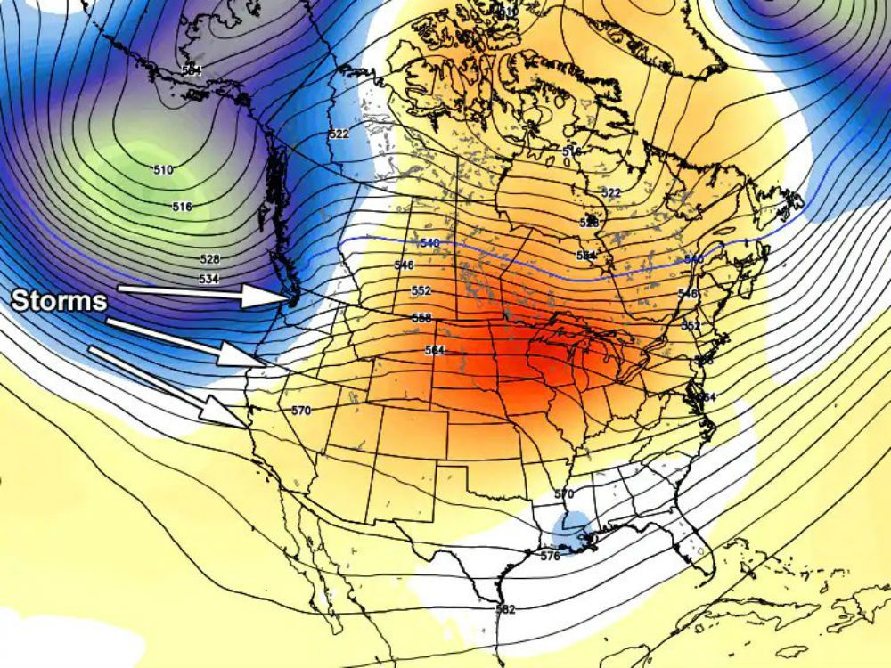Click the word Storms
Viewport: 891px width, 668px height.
coord(59,300)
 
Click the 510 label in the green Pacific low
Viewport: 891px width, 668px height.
coord(163,169)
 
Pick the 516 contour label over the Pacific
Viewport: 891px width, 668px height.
coord(182,207)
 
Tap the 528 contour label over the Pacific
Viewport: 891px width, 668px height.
coord(209,259)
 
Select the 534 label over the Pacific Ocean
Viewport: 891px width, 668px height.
coord(208,279)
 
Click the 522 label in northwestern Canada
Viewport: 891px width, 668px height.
coord(339,134)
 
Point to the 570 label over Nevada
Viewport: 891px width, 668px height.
coord(301,411)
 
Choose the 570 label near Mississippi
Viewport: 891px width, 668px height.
coord(563,493)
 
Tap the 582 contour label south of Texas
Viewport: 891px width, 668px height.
coord(505,609)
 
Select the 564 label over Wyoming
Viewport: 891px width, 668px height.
coord(434,350)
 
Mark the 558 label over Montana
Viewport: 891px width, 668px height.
coord(421,318)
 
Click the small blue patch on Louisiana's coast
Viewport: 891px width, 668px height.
coord(570,530)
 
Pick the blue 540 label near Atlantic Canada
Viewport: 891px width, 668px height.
coord(695,259)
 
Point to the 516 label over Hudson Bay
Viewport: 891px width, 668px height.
coord(571,151)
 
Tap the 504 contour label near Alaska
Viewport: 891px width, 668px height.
coord(190,69)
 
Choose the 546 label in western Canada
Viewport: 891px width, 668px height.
coord(404,265)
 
